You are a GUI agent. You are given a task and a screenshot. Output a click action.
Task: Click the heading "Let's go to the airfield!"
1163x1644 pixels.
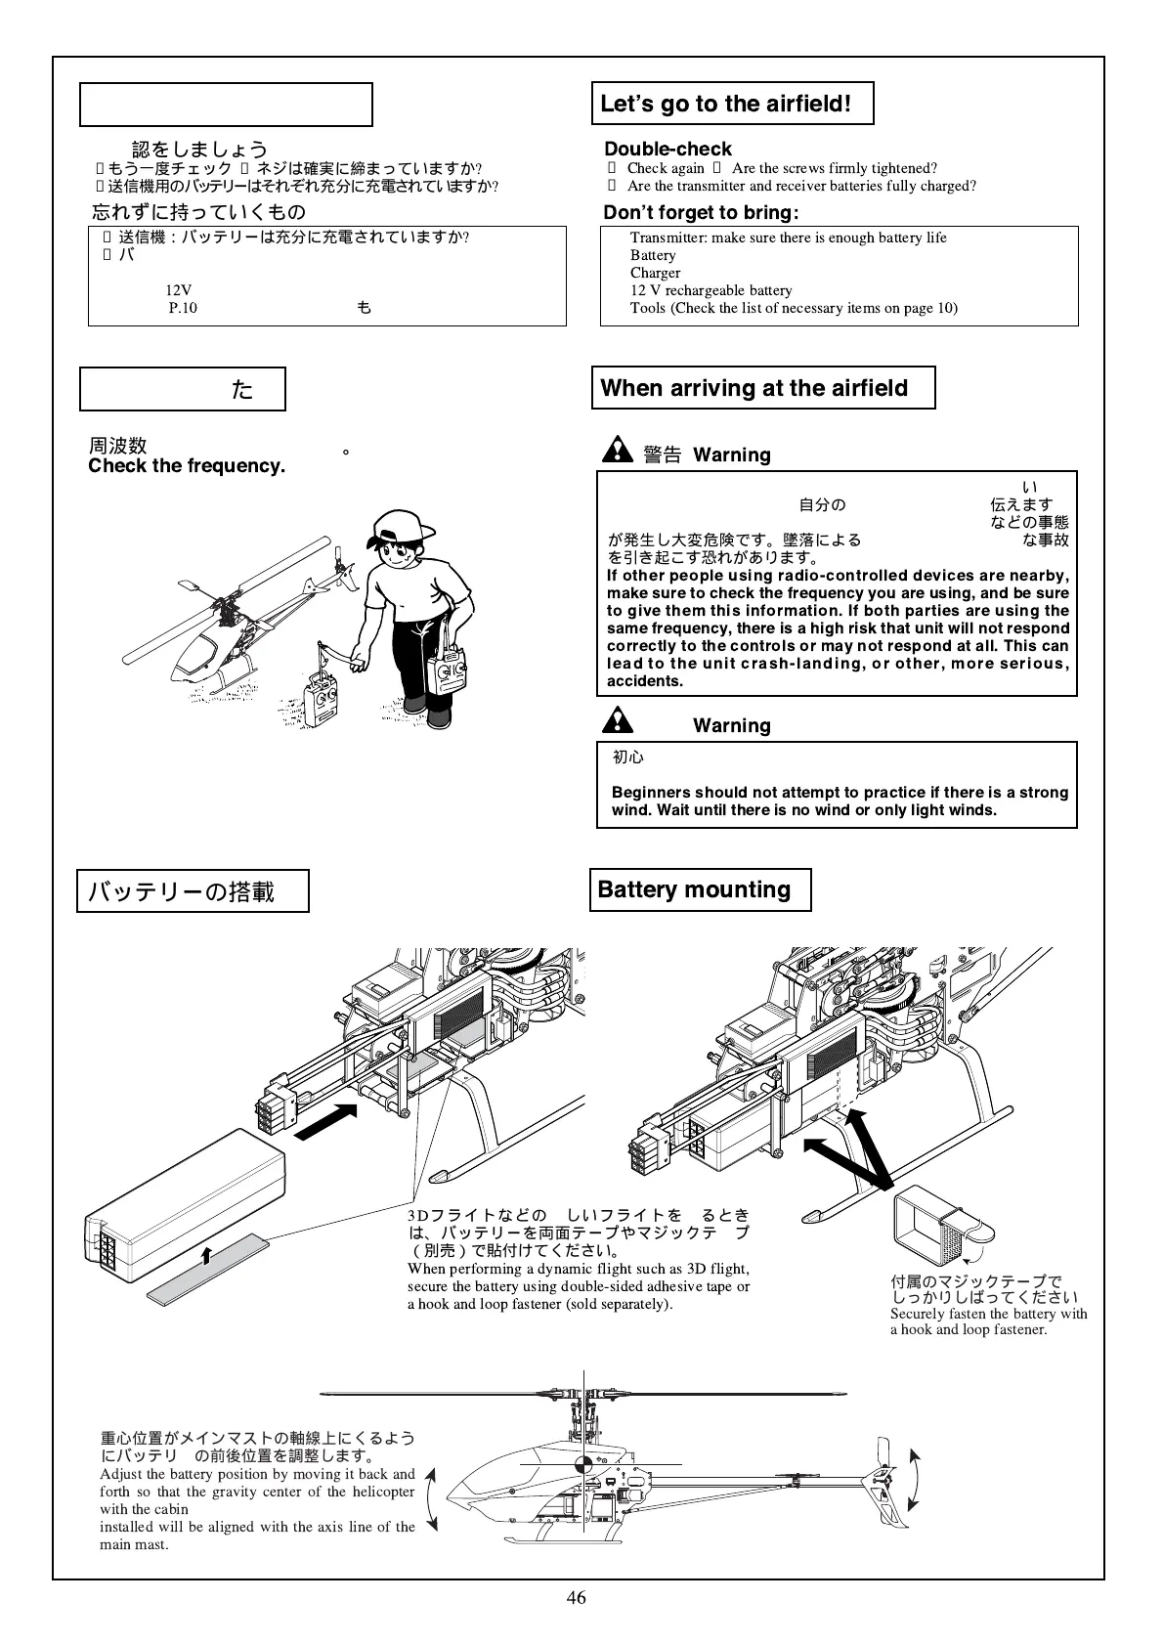click(x=725, y=104)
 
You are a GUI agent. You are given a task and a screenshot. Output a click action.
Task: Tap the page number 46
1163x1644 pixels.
click(x=577, y=1597)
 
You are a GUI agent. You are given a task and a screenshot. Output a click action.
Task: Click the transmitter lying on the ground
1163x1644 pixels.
click(x=321, y=701)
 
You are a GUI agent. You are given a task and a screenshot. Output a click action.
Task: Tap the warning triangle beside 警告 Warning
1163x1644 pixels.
click(x=618, y=450)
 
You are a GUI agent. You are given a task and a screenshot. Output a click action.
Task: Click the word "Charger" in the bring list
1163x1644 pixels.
click(x=655, y=273)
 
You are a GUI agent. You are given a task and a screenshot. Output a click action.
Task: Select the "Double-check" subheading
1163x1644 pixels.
click(x=668, y=149)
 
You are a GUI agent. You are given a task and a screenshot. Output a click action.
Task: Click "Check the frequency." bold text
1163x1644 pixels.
click(x=187, y=466)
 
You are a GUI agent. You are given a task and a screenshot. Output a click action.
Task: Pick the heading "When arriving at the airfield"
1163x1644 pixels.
click(x=754, y=388)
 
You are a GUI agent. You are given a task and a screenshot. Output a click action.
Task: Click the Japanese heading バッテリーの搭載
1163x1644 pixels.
click(x=183, y=891)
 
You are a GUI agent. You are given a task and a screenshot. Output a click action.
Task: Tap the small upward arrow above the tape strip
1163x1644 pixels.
click(x=206, y=1255)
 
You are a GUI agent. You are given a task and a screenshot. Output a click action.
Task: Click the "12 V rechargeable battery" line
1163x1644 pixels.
click(x=711, y=290)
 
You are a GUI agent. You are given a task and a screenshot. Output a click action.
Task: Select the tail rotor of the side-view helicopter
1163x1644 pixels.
click(x=886, y=1481)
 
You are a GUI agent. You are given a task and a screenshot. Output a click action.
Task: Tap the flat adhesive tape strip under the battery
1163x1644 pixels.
click(x=209, y=1269)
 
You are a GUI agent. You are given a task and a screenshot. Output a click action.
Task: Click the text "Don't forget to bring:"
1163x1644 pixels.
click(x=701, y=213)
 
